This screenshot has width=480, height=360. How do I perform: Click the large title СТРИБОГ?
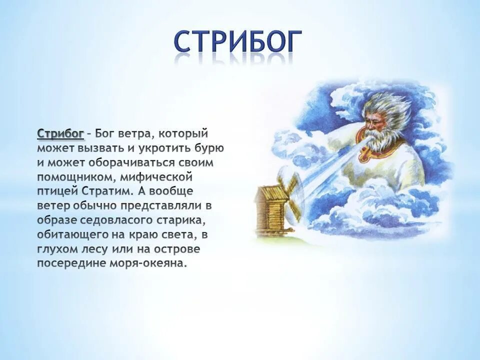coord(238,42)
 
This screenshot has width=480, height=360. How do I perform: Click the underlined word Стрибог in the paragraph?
coord(60,134)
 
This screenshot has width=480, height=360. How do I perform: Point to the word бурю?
coord(211,148)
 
